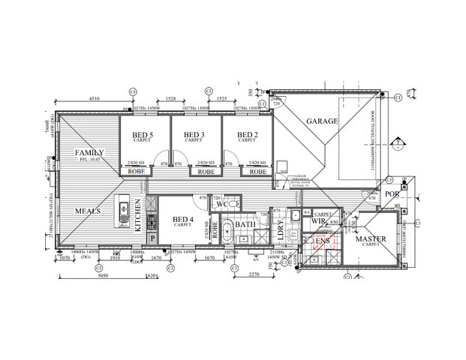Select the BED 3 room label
194,135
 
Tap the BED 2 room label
247,135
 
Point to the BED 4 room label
183,219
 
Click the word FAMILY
89,153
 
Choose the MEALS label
88,211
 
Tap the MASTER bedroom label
370,239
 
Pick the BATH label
245,224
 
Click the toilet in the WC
236,203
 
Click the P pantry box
152,238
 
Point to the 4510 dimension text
95,98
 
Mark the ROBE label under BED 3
205,172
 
